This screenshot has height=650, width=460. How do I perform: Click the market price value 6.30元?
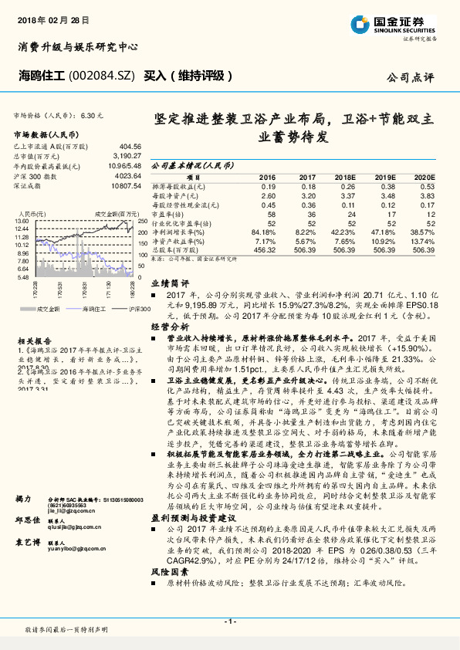point(90,115)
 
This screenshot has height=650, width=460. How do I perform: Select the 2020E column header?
point(424,177)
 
